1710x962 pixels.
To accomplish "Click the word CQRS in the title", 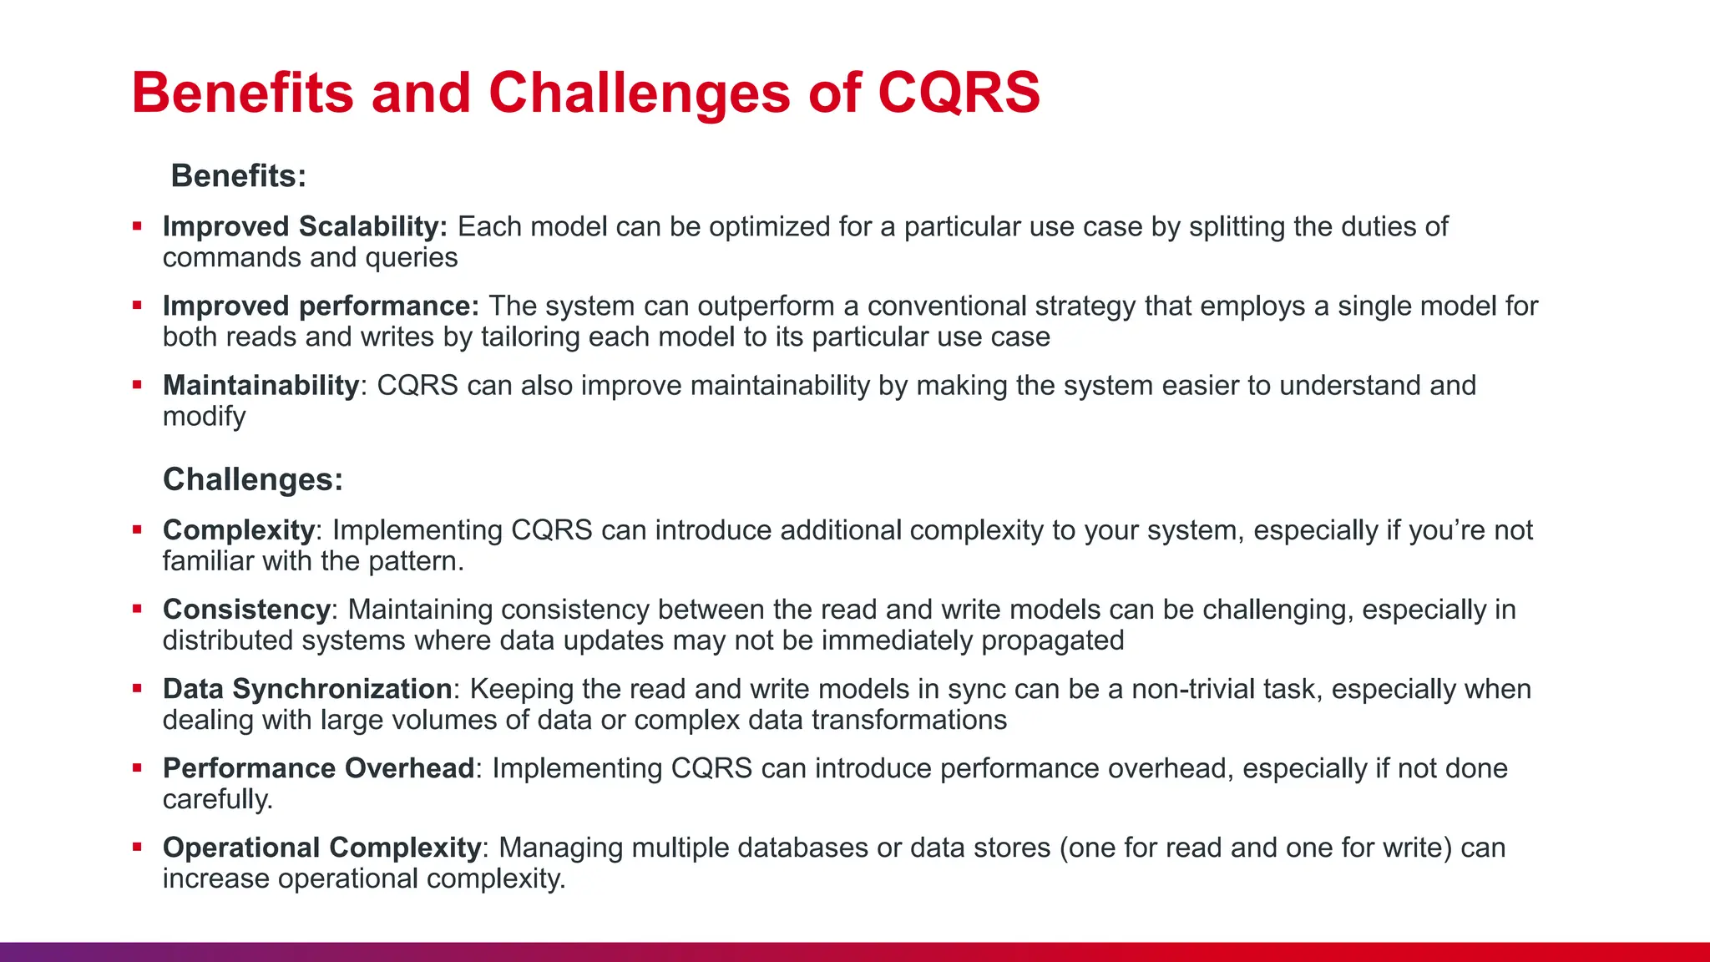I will [x=959, y=93].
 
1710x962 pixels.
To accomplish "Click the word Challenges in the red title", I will [x=639, y=93].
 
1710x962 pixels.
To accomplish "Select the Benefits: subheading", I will [x=239, y=176].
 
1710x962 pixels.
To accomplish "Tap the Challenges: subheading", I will [x=253, y=480].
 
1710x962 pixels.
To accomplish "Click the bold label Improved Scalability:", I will [x=305, y=227].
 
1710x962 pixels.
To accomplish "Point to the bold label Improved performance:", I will [x=321, y=306].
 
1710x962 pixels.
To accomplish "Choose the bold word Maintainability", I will [x=261, y=386].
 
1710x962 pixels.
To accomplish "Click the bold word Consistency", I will [x=247, y=610].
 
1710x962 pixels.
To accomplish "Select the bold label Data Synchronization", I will [x=307, y=689].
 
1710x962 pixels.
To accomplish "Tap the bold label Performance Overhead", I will [x=318, y=768].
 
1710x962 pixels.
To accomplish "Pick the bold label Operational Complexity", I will [x=321, y=848].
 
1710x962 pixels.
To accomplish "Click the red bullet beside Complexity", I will [x=137, y=529].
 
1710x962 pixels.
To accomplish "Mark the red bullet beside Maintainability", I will [x=137, y=385].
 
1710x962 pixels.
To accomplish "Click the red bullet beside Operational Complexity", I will [x=137, y=847].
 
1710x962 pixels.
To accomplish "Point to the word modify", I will [x=204, y=417].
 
